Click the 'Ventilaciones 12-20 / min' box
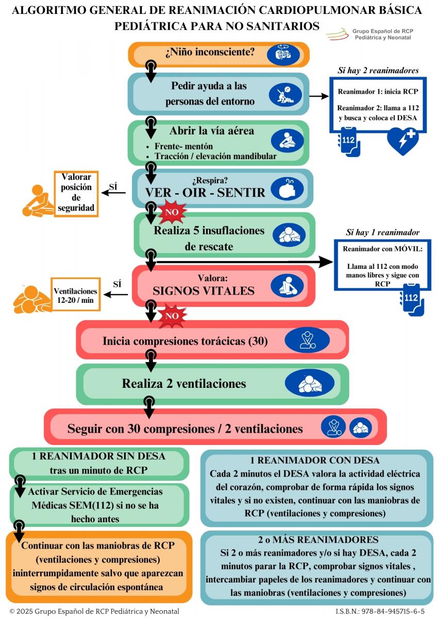coord(75,295)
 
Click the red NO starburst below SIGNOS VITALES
coord(172,315)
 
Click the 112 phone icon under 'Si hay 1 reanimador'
coord(412,302)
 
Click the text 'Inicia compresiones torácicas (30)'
coord(185,341)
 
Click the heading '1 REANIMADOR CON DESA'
coord(315,460)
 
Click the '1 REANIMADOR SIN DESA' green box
coord(98,463)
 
